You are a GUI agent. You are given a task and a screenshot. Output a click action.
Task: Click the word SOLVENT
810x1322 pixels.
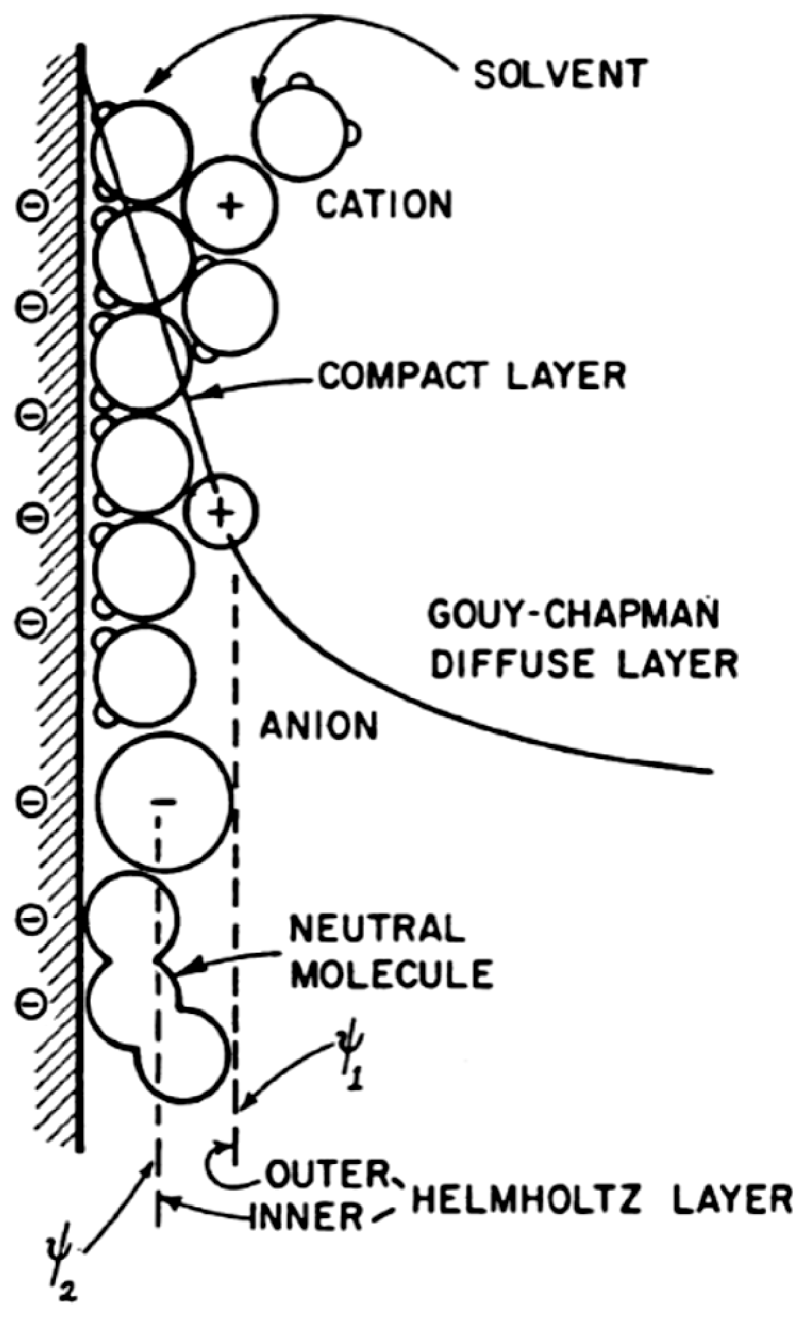[x=560, y=74]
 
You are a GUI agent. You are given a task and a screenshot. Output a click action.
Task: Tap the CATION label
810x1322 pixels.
[x=384, y=205]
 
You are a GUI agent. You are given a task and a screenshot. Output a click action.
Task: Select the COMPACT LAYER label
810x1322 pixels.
[x=472, y=376]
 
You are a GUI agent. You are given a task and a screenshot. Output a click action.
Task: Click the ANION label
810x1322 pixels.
[x=319, y=726]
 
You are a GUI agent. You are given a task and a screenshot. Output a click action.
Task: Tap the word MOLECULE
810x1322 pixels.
[x=393, y=974]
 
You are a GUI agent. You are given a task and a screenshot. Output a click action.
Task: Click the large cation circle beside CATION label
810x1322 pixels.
[x=230, y=205]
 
